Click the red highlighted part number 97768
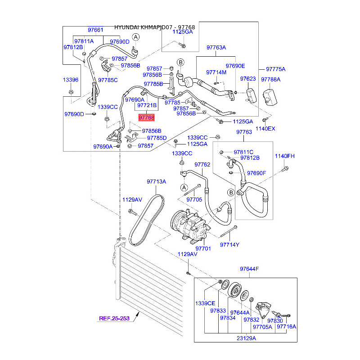tap(146, 117)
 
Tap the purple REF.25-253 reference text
tap(114, 319)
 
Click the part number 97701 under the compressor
tap(203, 248)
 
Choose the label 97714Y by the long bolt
tap(229, 245)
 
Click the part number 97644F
tap(249, 269)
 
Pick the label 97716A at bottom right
tap(286, 327)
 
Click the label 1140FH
tap(285, 156)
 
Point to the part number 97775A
tap(276, 69)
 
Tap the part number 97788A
tap(270, 79)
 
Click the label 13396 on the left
tap(70, 80)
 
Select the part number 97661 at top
tap(95, 30)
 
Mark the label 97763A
tap(216, 47)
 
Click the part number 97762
tap(202, 165)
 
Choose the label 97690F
tap(256, 173)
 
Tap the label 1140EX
tap(265, 129)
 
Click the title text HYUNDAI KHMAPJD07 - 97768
tap(154, 27)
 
